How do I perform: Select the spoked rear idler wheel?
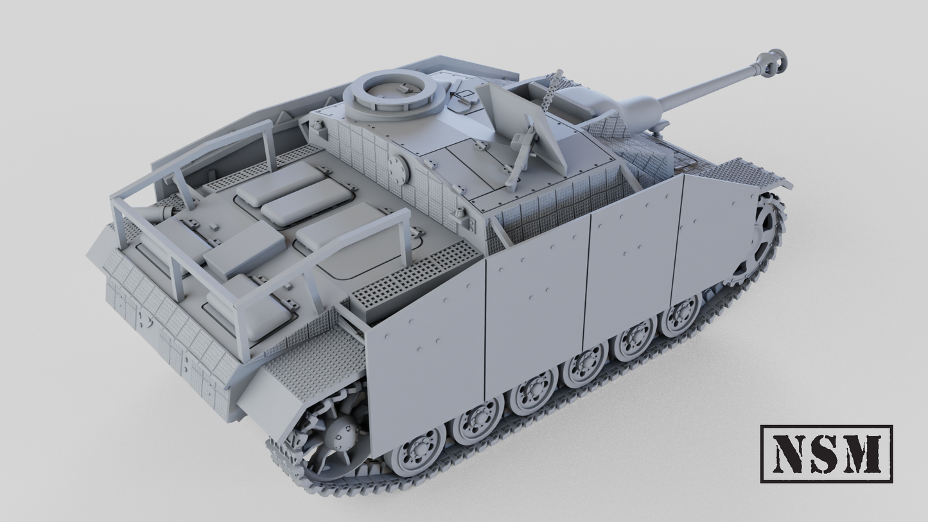[334, 437]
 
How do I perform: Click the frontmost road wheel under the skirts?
[681, 315]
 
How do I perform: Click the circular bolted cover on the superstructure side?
[399, 169]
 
